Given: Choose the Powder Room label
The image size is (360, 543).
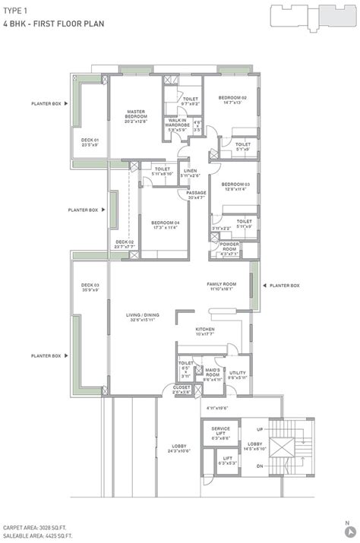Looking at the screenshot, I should tap(229, 248).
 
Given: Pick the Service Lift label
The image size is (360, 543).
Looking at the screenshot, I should tap(221, 432).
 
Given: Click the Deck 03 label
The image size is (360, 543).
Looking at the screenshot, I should tap(90, 286).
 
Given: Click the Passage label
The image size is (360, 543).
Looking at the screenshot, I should tap(196, 194).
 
